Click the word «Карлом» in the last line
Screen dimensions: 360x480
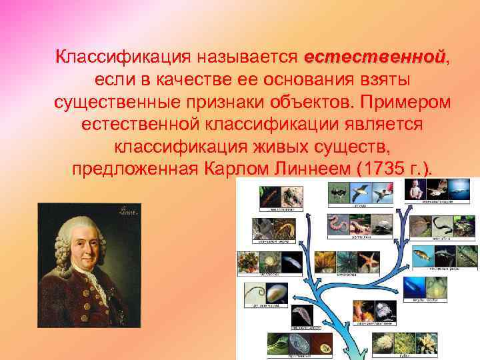tap(233, 169)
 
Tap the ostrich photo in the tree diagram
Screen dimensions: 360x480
tap(338, 193)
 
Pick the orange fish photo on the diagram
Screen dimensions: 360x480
tap(422, 255)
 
